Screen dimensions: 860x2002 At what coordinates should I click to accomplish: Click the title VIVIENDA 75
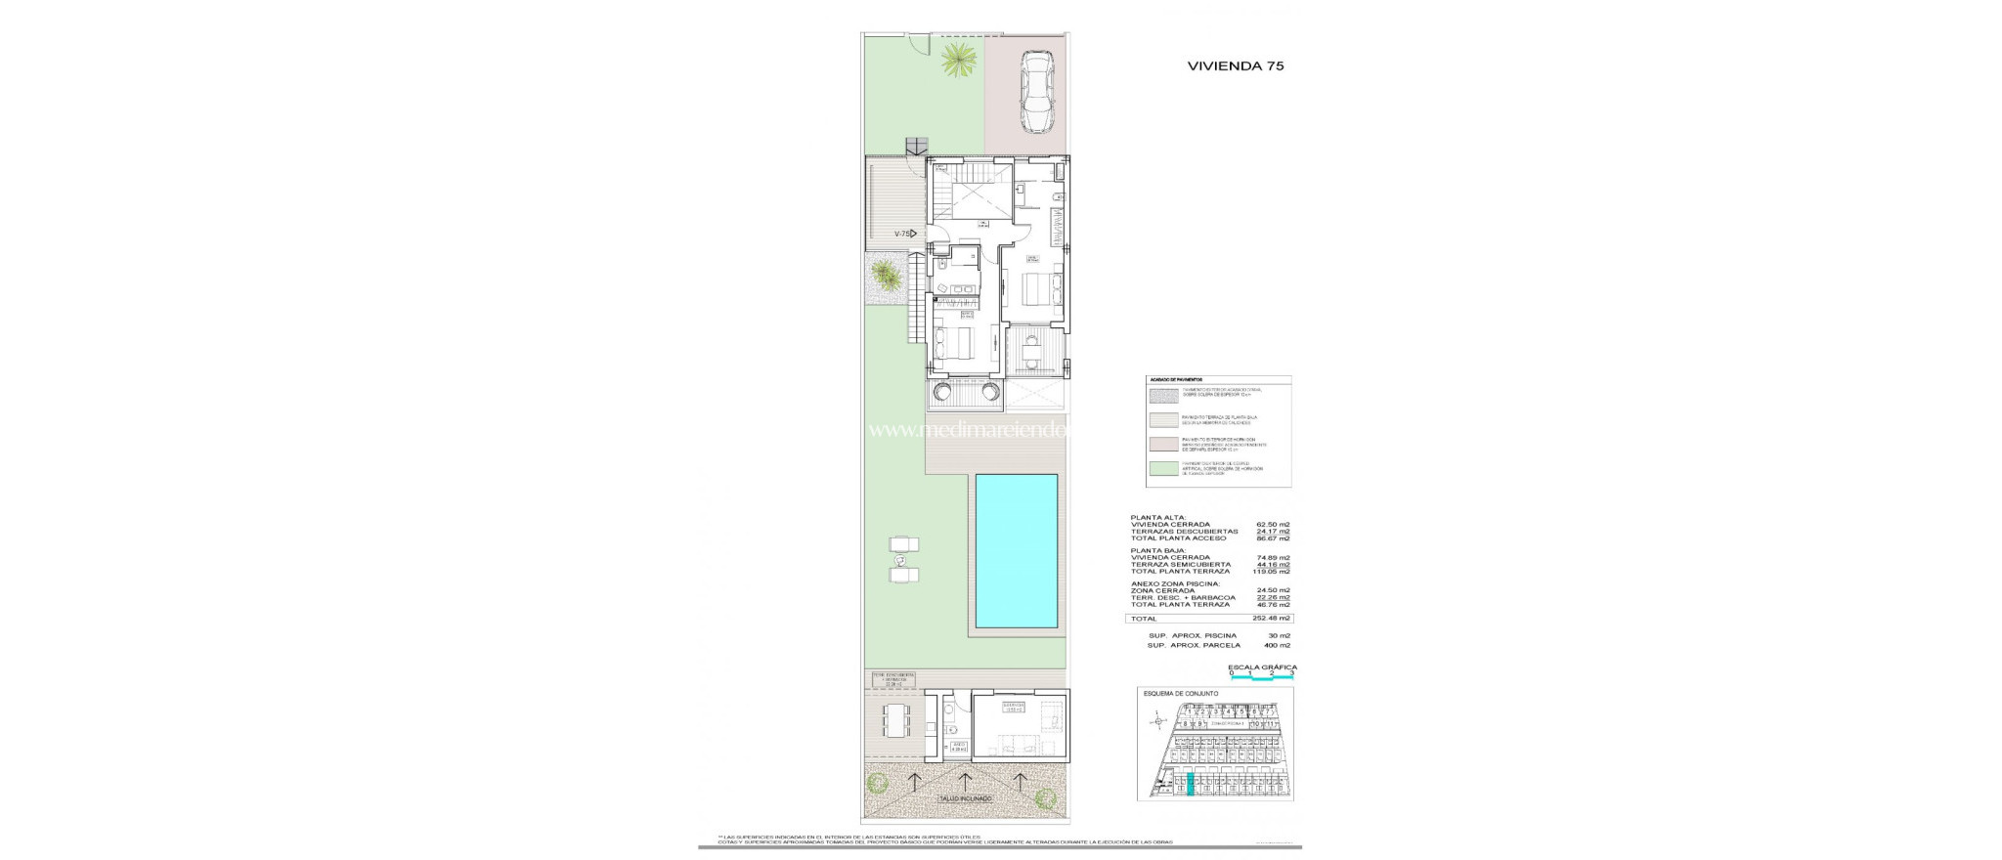1235,66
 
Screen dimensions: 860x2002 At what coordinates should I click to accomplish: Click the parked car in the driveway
1035,93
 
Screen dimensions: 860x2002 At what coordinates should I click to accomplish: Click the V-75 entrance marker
221,234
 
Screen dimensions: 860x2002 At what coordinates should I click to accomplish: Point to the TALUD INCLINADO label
283,798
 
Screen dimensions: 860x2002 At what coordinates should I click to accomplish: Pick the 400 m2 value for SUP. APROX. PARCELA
1276,646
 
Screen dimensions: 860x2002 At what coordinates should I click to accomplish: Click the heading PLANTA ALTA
1158,517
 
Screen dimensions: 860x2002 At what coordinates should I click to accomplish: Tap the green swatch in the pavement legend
1162,469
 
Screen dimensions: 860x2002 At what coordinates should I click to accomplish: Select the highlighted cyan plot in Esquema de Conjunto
1190,786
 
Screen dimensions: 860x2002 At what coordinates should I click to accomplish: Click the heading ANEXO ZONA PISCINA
1175,584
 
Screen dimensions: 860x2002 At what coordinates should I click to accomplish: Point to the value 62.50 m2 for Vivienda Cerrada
1273,525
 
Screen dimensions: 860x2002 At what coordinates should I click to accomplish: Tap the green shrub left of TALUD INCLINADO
195,783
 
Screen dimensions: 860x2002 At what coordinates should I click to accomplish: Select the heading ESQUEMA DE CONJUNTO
1181,693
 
